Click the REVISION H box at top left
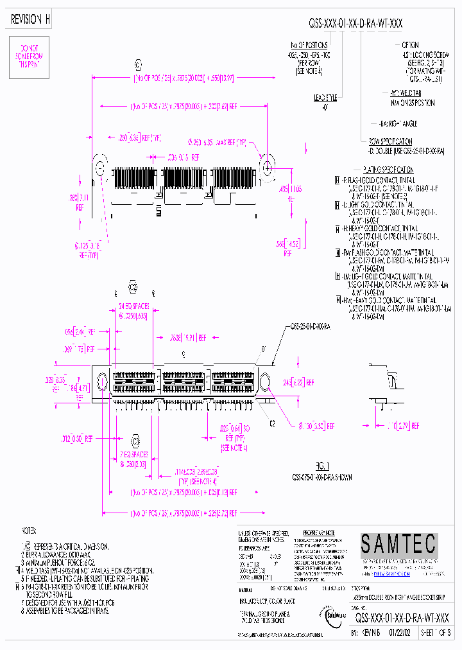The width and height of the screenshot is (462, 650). [x=30, y=20]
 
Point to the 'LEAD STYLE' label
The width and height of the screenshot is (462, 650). [x=326, y=97]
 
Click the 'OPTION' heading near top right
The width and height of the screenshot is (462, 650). [x=410, y=45]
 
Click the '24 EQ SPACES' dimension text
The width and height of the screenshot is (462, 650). [x=133, y=311]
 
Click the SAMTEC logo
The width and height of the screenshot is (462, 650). [x=398, y=544]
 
